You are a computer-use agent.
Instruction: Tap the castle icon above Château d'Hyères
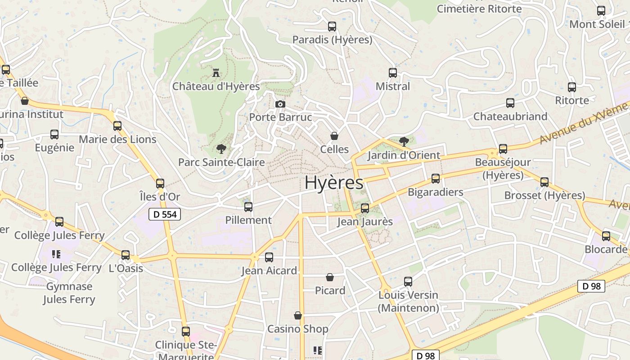click(216, 72)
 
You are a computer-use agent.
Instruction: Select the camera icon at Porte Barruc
click(280, 104)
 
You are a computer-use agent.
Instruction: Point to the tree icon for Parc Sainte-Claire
click(221, 148)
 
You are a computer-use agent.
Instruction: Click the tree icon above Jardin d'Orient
click(404, 142)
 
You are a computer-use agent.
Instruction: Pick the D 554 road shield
click(165, 215)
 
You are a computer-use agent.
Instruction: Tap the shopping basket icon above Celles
click(334, 135)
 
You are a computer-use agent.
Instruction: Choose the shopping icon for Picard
click(330, 277)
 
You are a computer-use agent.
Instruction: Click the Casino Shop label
click(298, 329)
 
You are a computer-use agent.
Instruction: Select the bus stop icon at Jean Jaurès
click(365, 208)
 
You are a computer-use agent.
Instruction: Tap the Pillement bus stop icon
click(248, 207)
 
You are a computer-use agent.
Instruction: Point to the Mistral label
click(393, 86)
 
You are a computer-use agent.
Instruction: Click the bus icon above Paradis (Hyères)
click(332, 27)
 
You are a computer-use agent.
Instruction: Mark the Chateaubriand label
click(510, 117)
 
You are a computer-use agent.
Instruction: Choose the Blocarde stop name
click(606, 249)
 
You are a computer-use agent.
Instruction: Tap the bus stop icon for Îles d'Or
click(160, 184)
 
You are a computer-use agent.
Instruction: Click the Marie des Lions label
click(117, 139)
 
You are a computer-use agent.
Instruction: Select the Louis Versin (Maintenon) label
click(408, 301)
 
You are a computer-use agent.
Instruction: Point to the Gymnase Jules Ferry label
click(69, 293)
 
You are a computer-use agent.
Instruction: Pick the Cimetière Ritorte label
click(479, 9)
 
